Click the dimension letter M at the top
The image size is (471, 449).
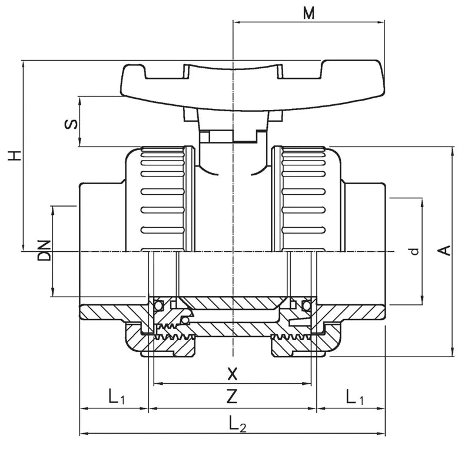[308, 13]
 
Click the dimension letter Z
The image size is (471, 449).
[232, 397]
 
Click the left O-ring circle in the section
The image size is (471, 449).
[158, 305]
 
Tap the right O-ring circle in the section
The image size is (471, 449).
[306, 305]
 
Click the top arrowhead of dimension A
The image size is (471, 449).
[452, 151]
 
